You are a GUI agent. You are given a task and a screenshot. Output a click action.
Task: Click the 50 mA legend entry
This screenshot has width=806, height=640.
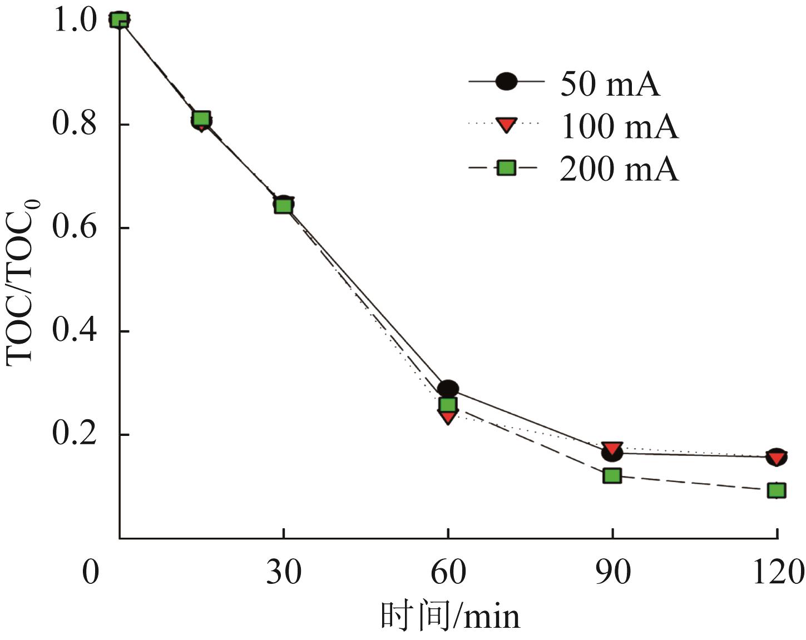610,83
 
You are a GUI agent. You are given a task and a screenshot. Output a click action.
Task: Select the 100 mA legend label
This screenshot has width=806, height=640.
619,126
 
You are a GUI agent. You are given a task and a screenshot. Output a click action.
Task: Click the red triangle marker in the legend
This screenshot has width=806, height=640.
506,125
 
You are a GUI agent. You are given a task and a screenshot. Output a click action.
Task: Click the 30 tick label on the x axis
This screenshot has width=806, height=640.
284,573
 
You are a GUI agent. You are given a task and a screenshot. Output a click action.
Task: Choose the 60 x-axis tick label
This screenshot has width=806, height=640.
448,573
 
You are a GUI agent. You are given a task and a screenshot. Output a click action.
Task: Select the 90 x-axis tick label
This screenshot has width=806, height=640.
612,573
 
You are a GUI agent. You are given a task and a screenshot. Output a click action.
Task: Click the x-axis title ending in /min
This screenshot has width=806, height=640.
451,616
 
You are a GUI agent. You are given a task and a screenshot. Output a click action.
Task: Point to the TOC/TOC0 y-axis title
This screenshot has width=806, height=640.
21,278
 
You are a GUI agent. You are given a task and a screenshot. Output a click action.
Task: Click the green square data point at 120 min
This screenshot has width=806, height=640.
777,490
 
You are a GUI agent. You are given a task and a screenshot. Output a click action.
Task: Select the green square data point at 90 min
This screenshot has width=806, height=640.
612,476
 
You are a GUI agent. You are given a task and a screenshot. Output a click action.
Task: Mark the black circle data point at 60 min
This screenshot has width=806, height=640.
448,389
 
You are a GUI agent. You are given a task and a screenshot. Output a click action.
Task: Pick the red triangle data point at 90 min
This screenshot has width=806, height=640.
612,448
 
